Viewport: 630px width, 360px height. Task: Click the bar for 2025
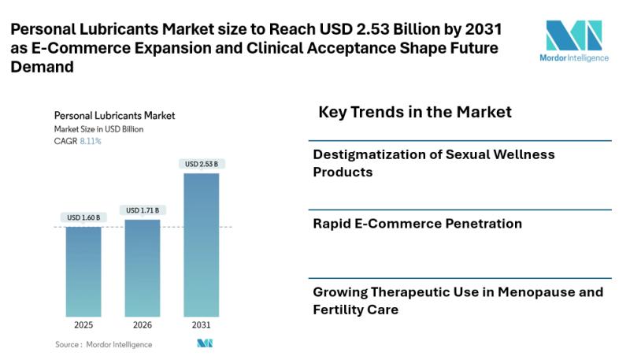coord(83,271)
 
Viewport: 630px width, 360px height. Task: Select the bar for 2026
coord(143,267)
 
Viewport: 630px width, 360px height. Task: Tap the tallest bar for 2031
coord(202,244)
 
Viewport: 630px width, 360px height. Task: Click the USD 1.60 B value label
coord(83,217)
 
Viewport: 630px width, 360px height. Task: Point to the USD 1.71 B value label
coord(143,210)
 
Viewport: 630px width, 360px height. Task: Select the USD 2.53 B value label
coord(202,164)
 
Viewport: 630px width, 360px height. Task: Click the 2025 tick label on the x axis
coord(83,325)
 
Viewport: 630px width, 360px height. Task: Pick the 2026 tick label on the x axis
coord(143,325)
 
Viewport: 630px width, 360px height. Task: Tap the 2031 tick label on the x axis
coord(202,325)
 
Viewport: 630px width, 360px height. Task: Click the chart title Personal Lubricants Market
coord(114,115)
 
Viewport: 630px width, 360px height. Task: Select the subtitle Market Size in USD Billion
coord(98,128)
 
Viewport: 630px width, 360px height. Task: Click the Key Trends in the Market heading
coord(415,112)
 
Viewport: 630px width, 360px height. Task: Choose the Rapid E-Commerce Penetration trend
coord(417,224)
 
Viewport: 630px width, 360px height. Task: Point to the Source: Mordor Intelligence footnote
coord(103,344)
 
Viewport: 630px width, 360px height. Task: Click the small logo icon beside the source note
coord(205,344)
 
